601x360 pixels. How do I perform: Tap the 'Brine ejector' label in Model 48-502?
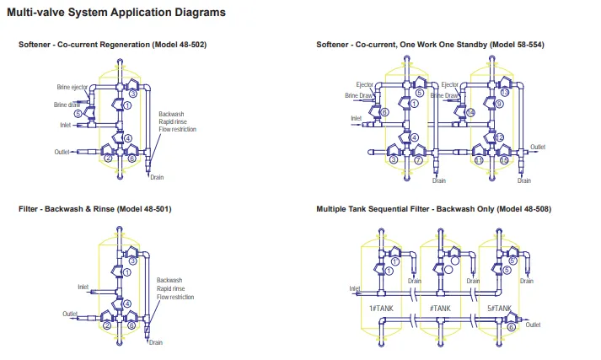click(73, 87)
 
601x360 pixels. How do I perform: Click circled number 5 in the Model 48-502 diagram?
click(78, 113)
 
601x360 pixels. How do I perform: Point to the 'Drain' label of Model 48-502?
click(157, 178)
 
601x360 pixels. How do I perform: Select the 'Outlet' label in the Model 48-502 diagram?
click(61, 152)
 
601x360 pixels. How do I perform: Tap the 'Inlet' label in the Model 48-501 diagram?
click(83, 287)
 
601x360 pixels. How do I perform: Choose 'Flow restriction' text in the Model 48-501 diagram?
click(175, 297)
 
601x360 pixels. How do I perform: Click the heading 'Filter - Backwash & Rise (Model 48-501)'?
click(95, 208)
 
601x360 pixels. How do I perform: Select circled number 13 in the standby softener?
click(505, 92)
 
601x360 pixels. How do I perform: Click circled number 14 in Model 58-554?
click(471, 112)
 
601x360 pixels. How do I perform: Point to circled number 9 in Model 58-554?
click(499, 104)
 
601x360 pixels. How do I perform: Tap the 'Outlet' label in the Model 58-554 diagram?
click(537, 146)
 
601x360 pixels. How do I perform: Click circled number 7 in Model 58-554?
click(419, 159)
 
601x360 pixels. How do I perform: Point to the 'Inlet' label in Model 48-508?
click(354, 287)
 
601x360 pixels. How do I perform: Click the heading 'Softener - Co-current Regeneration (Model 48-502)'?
click(112, 44)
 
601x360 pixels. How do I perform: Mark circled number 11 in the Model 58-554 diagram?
click(479, 159)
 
